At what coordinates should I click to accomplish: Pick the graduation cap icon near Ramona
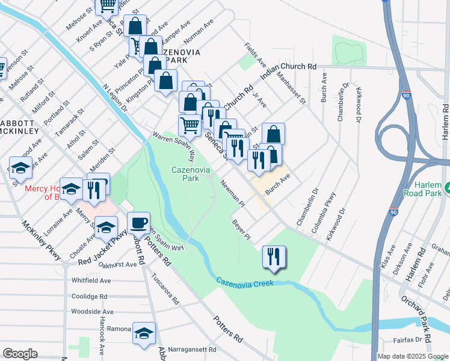[144, 334]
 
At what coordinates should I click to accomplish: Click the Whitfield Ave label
[91, 280]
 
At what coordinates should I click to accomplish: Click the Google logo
[20, 354]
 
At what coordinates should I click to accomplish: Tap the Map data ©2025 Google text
[412, 356]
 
